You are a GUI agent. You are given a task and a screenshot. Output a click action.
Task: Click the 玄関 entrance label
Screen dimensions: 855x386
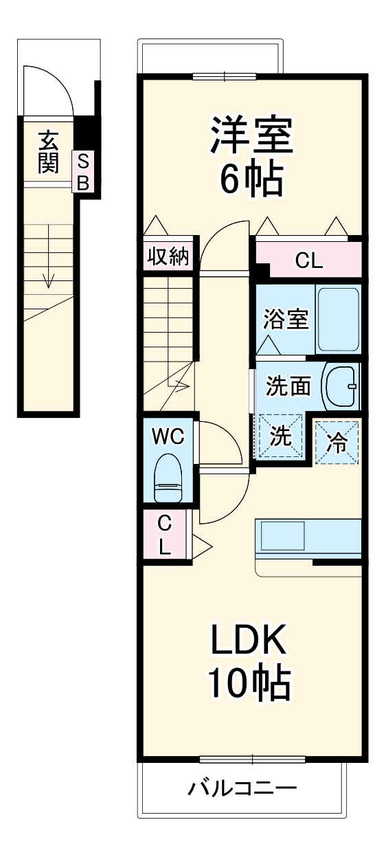tap(47, 152)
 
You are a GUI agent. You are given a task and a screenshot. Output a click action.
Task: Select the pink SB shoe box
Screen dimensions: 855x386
tap(83, 172)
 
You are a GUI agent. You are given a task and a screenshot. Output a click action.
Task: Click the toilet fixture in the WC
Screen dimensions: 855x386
tap(168, 480)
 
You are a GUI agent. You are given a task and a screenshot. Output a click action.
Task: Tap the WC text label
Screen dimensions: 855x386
tap(167, 436)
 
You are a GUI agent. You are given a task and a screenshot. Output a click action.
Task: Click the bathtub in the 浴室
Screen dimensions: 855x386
tap(338, 319)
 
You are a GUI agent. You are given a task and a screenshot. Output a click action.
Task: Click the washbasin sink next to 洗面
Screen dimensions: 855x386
tap(340, 386)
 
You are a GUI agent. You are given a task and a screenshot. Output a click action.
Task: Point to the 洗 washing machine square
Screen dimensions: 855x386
tap(280, 437)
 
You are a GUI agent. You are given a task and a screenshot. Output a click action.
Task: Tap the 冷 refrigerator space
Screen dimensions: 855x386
tap(337, 440)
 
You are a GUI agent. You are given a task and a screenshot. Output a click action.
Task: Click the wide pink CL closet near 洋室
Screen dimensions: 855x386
tap(309, 260)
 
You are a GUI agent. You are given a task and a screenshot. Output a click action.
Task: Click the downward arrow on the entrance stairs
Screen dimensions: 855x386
tap(48, 278)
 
